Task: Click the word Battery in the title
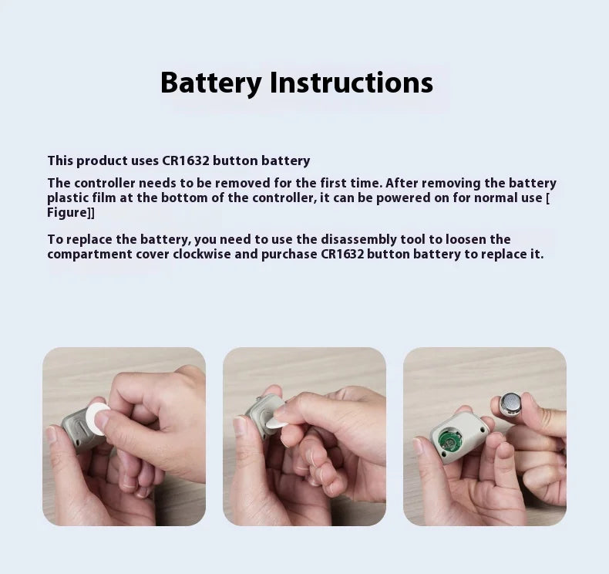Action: [210, 83]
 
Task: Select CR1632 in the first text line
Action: [185, 160]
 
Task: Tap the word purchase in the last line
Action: [288, 254]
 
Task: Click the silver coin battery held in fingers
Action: [511, 403]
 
